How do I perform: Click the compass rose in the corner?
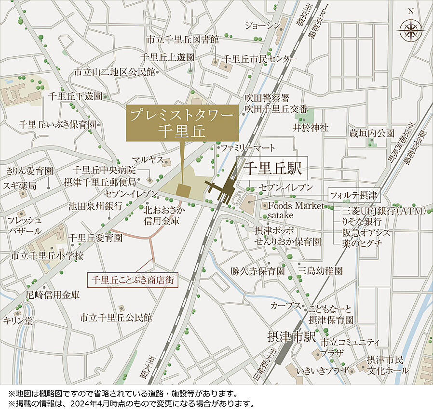pyautogui.click(x=410, y=31)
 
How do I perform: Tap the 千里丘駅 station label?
pyautogui.click(x=272, y=168)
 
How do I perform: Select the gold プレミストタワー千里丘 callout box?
pyautogui.click(x=182, y=123)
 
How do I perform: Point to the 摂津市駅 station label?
pyautogui.click(x=291, y=336)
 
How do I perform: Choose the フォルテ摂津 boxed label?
pyautogui.click(x=354, y=196)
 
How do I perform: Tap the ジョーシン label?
pyautogui.click(x=262, y=25)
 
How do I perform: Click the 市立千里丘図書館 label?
pyautogui.click(x=183, y=39)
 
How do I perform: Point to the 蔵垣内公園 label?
pyautogui.click(x=372, y=133)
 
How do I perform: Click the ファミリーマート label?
pyautogui.click(x=248, y=147)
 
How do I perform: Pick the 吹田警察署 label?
pyautogui.click(x=266, y=98)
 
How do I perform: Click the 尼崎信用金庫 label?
pyautogui.click(x=53, y=294)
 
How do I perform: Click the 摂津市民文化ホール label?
pyautogui.click(x=387, y=365)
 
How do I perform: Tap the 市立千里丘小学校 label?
pyautogui.click(x=47, y=255)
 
